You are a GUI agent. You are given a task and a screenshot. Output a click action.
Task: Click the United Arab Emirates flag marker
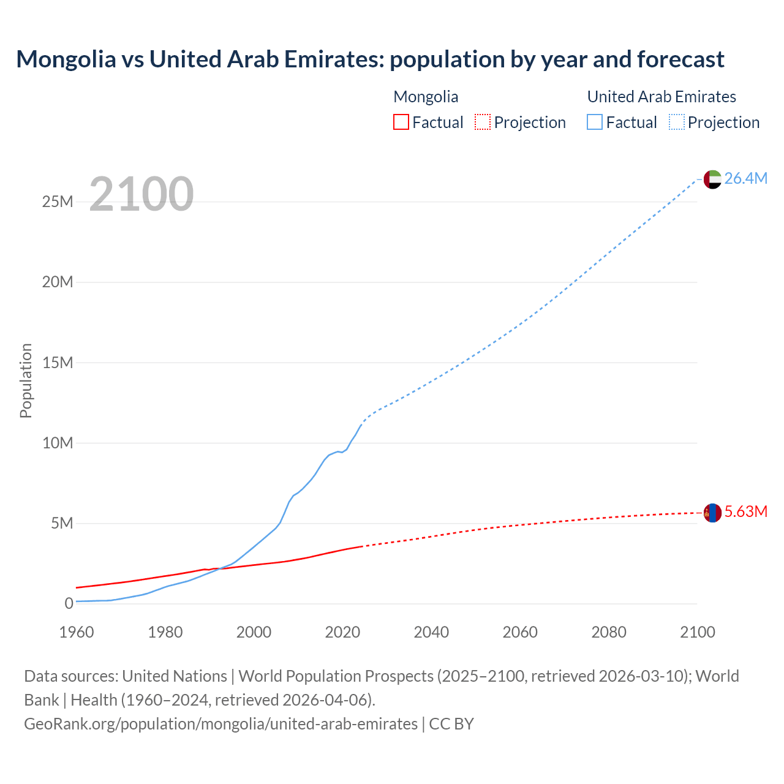[x=712, y=179]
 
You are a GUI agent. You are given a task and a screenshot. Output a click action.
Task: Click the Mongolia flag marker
[x=712, y=513]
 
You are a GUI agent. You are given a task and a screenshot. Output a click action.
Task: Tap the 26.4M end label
[x=745, y=178]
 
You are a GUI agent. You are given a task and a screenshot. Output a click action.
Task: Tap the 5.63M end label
[x=745, y=511]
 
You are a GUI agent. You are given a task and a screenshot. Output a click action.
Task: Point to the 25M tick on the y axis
[x=58, y=202]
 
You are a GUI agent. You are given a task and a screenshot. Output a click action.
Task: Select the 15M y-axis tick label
[x=58, y=363]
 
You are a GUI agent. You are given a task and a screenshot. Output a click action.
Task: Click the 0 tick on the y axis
[x=69, y=603]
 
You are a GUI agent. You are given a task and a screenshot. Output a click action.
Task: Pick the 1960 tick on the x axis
[x=77, y=632]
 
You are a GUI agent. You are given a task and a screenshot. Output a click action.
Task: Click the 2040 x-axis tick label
[x=431, y=632]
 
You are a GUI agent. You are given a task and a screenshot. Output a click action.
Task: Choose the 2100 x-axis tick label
[x=697, y=632]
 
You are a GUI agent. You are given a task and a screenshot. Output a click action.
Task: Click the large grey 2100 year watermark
[x=141, y=194]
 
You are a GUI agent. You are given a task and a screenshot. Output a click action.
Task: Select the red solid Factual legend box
[x=401, y=123]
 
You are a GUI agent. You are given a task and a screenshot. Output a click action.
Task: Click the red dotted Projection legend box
[x=483, y=123]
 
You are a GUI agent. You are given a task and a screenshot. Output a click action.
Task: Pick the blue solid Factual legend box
[x=595, y=123]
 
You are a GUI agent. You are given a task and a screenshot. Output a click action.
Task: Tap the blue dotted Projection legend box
[x=677, y=123]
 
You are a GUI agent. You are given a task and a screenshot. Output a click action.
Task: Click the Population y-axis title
[x=26, y=380]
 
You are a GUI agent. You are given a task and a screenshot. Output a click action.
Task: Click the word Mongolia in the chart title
[x=66, y=59]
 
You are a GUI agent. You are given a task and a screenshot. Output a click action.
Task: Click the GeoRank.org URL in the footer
[x=221, y=724]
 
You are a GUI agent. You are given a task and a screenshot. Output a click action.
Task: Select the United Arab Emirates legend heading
[x=661, y=97]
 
